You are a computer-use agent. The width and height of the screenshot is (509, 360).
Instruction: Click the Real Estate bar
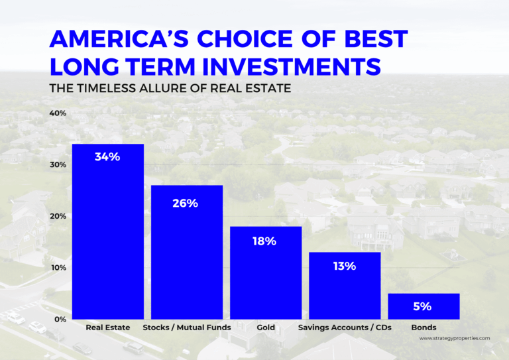[108, 231]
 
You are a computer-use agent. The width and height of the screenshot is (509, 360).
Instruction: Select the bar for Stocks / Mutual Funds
[187, 252]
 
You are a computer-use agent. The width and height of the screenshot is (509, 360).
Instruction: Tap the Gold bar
[266, 272]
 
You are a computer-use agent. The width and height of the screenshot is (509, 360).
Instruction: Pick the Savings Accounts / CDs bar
[345, 286]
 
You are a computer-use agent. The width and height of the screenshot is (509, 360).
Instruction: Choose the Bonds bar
[424, 306]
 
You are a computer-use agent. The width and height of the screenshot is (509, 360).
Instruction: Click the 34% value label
[108, 157]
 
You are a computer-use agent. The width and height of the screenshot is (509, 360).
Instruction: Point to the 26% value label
[187, 203]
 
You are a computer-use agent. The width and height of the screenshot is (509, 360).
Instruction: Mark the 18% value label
[266, 241]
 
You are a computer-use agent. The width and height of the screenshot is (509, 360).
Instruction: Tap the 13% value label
[345, 266]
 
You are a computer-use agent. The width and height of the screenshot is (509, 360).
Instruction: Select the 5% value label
[424, 306]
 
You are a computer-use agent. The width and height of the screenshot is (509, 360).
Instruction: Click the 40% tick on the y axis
[58, 113]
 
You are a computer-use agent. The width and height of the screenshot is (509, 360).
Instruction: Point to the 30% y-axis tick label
[58, 165]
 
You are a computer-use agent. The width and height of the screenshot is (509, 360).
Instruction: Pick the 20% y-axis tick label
[58, 216]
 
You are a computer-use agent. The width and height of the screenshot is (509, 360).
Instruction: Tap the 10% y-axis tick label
[58, 268]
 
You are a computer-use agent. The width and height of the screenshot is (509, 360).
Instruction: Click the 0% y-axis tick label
[60, 319]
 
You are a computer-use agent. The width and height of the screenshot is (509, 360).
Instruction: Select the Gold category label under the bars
[266, 328]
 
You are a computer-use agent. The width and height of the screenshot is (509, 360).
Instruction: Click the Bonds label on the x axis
[424, 328]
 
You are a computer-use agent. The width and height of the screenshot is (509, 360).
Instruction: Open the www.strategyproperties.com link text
[455, 338]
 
